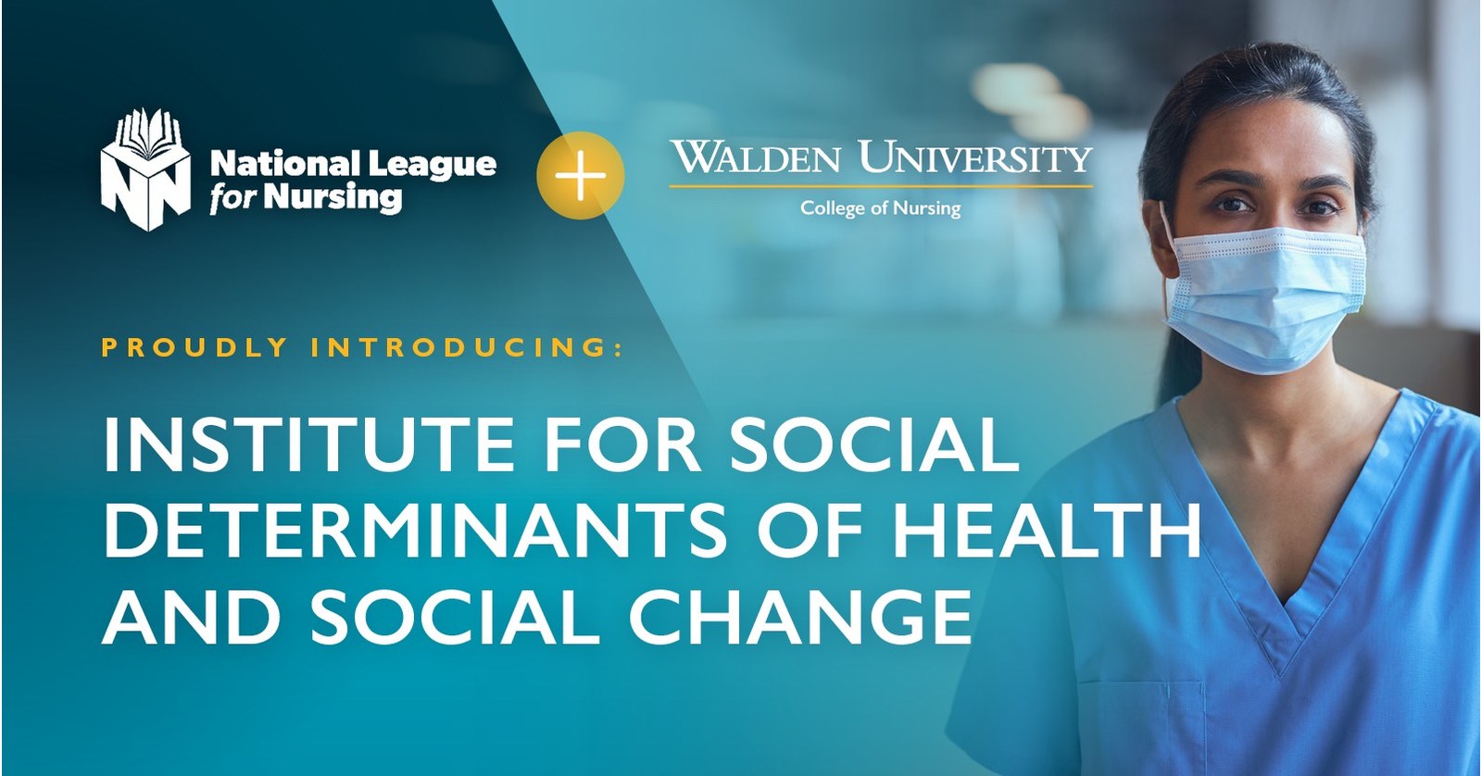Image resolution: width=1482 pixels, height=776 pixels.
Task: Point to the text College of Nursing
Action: click(x=880, y=208)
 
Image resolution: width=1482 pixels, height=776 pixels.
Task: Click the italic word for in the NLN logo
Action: click(x=228, y=198)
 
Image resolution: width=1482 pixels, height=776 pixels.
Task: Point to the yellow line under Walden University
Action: click(x=880, y=187)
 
